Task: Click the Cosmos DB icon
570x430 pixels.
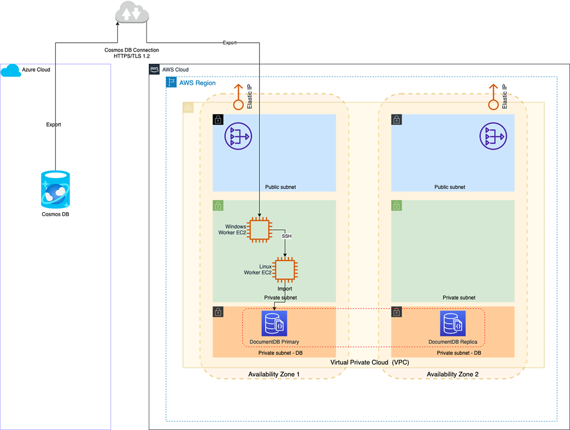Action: pyautogui.click(x=55, y=189)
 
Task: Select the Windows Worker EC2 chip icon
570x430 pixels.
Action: pyautogui.click(x=260, y=230)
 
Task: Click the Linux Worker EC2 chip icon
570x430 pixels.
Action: pyautogui.click(x=285, y=269)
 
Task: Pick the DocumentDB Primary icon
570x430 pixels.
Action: pyautogui.click(x=274, y=323)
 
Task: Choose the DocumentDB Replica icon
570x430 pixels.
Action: pyautogui.click(x=453, y=323)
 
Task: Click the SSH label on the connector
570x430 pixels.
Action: pyautogui.click(x=287, y=236)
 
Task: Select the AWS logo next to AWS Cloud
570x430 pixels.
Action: pyautogui.click(x=154, y=69)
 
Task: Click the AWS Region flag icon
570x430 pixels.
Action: pyautogui.click(x=171, y=82)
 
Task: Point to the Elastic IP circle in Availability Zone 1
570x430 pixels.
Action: pyautogui.click(x=238, y=105)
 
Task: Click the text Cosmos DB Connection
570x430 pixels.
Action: pyautogui.click(x=132, y=50)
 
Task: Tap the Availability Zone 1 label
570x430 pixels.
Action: pyautogui.click(x=274, y=374)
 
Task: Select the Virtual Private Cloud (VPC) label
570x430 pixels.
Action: pyautogui.click(x=370, y=363)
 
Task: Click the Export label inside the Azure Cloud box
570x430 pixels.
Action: pyautogui.click(x=54, y=124)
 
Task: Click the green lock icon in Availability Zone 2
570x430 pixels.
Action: pyautogui.click(x=396, y=205)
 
